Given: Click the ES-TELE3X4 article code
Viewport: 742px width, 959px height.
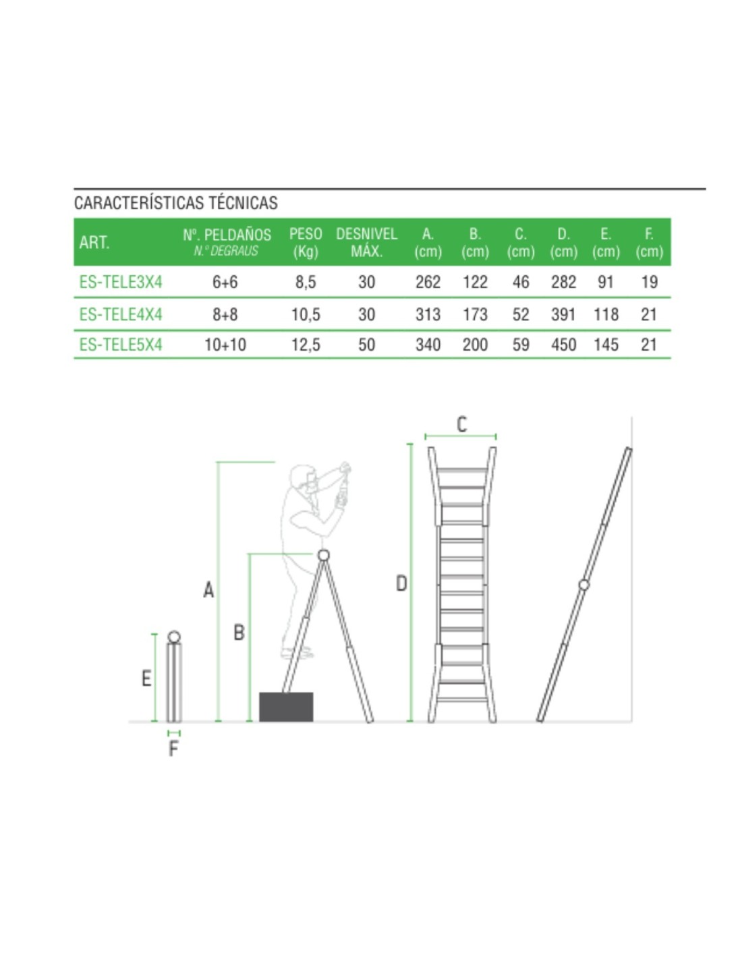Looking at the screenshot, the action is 121,282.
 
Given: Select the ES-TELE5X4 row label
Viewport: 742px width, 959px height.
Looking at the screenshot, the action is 121,344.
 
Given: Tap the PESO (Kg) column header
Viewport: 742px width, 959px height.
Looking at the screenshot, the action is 306,242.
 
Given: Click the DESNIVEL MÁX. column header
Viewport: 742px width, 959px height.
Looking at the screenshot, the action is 366,242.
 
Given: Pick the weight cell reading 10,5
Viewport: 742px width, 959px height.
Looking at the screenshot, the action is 306,314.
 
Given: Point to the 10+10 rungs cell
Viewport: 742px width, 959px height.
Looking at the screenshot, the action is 225,344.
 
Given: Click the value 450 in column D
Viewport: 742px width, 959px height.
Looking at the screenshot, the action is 563,344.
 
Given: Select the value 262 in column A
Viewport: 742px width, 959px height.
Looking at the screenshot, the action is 428,282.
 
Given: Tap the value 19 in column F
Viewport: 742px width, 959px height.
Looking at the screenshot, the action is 649,282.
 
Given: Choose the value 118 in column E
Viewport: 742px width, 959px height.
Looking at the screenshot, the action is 606,314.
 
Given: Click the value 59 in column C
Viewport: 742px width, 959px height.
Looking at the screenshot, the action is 521,344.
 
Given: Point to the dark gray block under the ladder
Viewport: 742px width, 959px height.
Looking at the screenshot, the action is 286,707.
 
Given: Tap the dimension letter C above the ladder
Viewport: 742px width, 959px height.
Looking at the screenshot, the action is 461,425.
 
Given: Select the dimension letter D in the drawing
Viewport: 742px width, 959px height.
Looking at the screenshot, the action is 401,584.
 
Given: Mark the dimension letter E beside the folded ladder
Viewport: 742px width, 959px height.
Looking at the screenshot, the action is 146,678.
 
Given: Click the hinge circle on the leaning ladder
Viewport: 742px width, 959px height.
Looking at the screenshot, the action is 583,585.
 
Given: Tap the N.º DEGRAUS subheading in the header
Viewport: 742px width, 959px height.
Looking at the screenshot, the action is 225,251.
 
